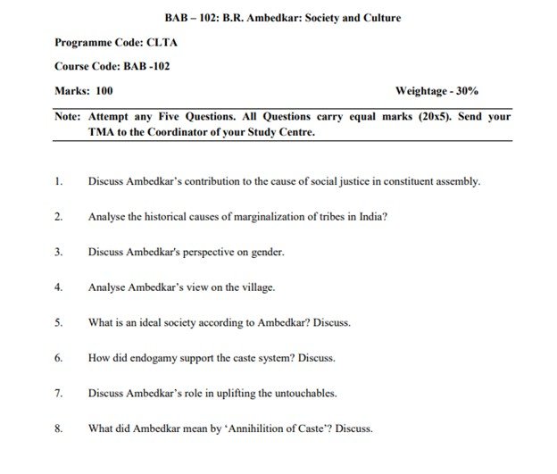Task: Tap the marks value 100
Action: (x=103, y=90)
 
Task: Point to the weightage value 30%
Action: (x=465, y=90)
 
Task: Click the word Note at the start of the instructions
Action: (x=66, y=116)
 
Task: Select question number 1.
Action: (x=58, y=181)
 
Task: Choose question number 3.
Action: (x=58, y=252)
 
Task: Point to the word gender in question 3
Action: (x=266, y=252)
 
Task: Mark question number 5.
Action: (x=58, y=322)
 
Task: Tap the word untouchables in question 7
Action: (x=323, y=393)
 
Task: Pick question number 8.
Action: (x=58, y=428)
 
